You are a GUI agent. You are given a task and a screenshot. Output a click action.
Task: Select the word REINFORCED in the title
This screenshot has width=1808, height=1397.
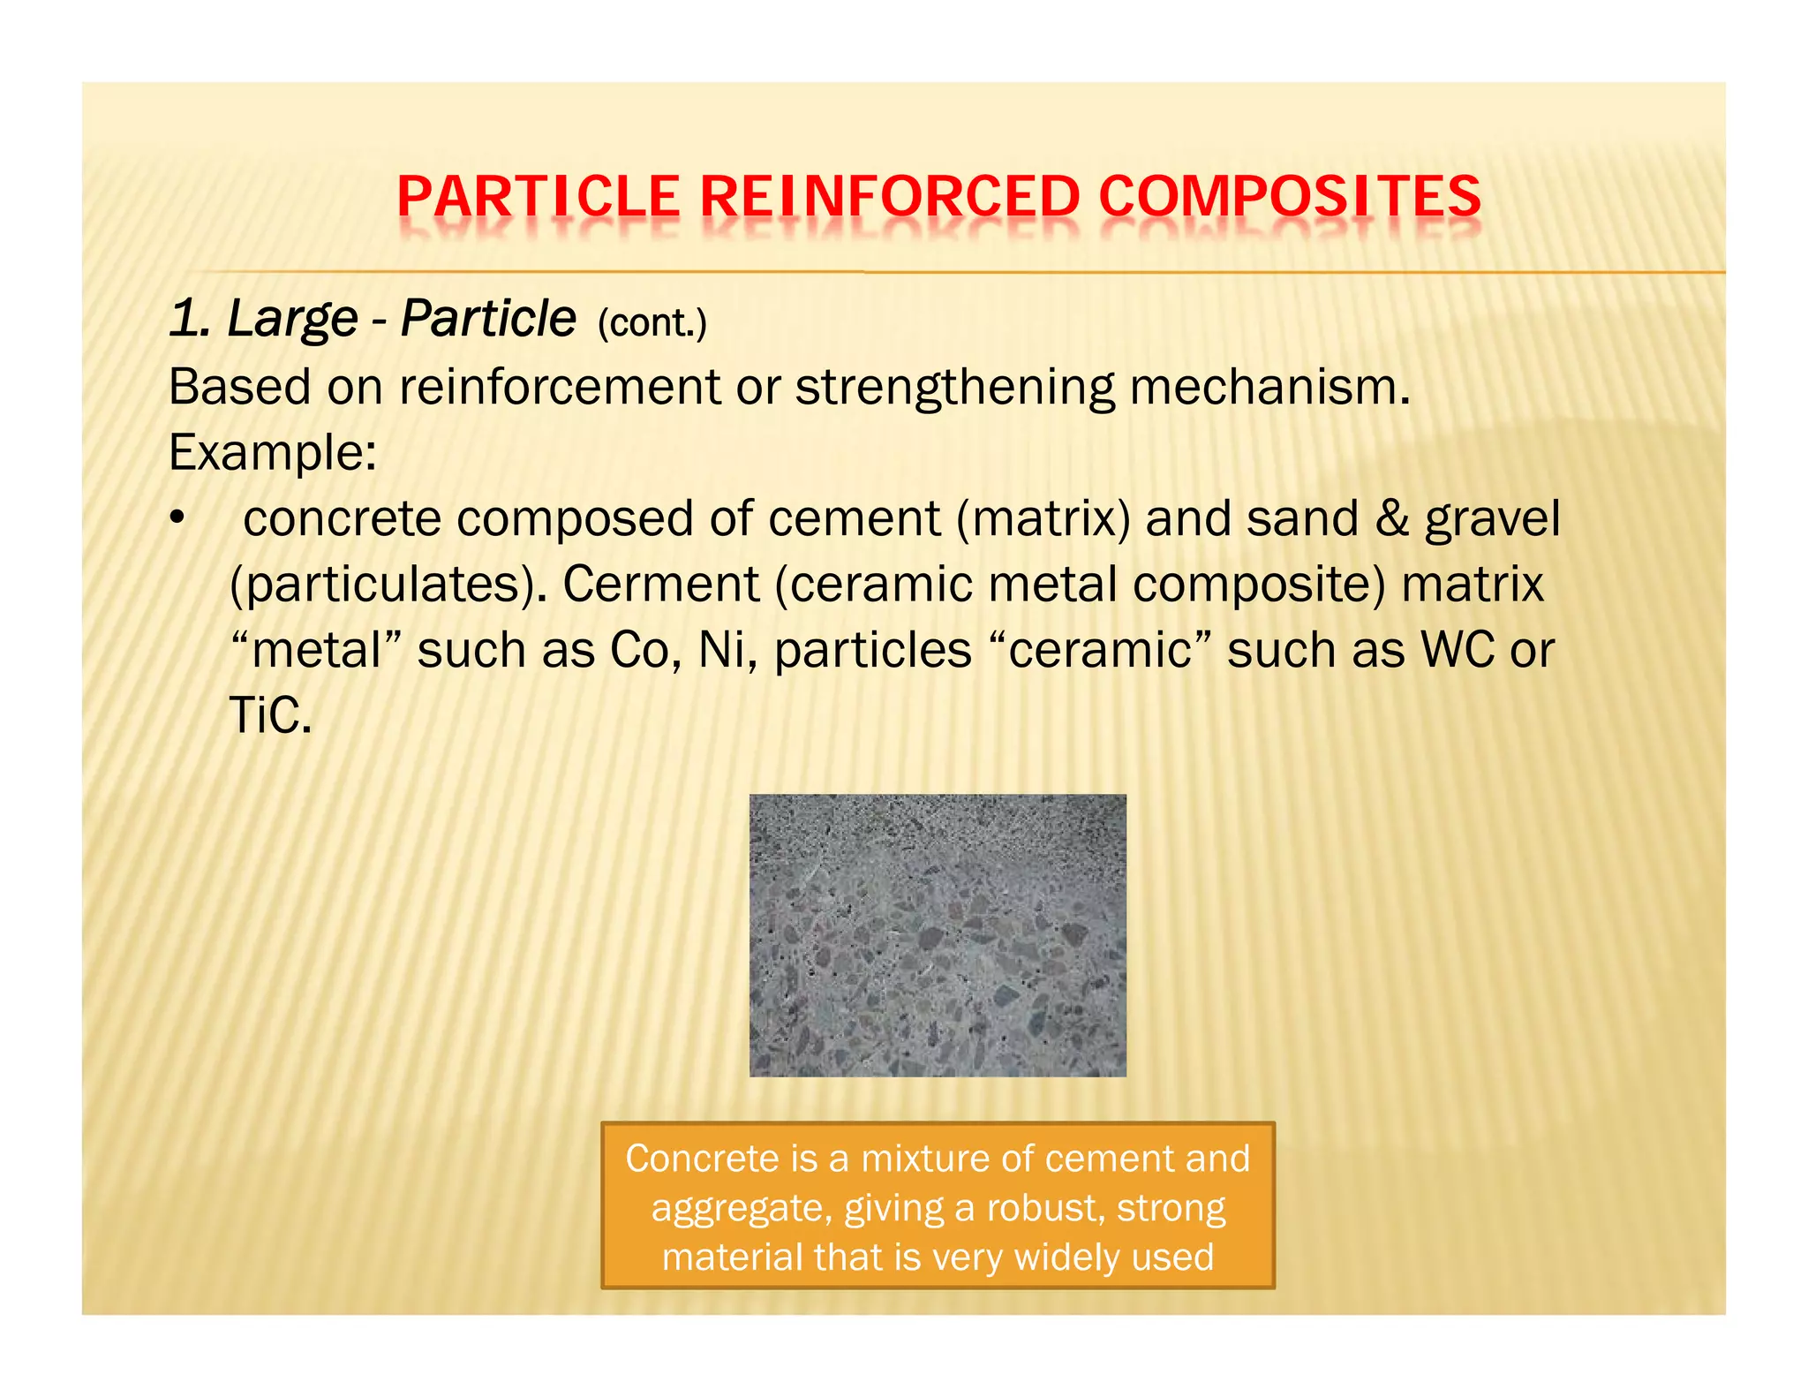point(890,196)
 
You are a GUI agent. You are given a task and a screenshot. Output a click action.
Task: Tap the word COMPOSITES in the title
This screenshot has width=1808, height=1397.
point(1290,196)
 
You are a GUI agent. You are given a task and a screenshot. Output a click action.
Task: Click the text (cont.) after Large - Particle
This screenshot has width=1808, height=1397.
point(652,323)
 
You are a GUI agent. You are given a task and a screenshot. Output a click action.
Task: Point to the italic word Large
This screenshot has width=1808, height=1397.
point(292,319)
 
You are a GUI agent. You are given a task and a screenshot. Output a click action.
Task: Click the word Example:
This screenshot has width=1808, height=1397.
point(273,453)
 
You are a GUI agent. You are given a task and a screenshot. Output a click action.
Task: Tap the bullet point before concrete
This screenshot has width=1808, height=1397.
point(177,519)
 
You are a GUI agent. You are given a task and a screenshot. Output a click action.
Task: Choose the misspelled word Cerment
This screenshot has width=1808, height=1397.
point(660,585)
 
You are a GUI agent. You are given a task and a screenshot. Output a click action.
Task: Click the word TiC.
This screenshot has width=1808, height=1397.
point(270,715)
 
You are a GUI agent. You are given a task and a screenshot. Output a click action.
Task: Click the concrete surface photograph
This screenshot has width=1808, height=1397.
point(938,935)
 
